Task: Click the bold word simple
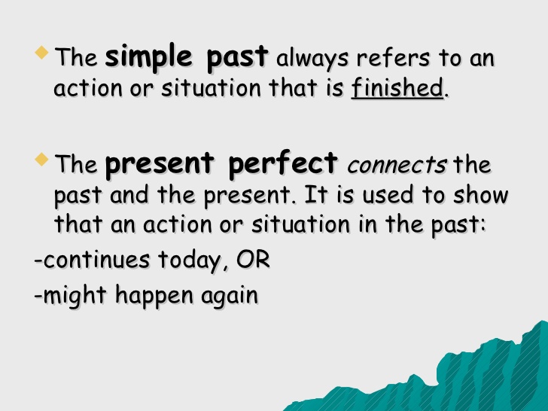click(x=147, y=57)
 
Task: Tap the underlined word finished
click(x=397, y=89)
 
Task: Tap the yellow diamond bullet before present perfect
click(x=43, y=160)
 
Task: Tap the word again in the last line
click(x=229, y=297)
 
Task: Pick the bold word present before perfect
click(x=157, y=164)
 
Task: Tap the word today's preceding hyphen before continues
click(x=38, y=262)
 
